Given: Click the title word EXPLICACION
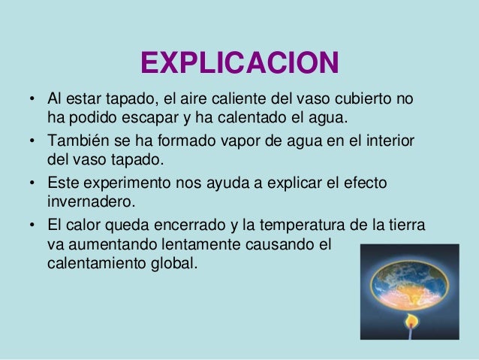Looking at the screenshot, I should click(x=239, y=63).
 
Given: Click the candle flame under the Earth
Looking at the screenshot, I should click(x=411, y=320).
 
